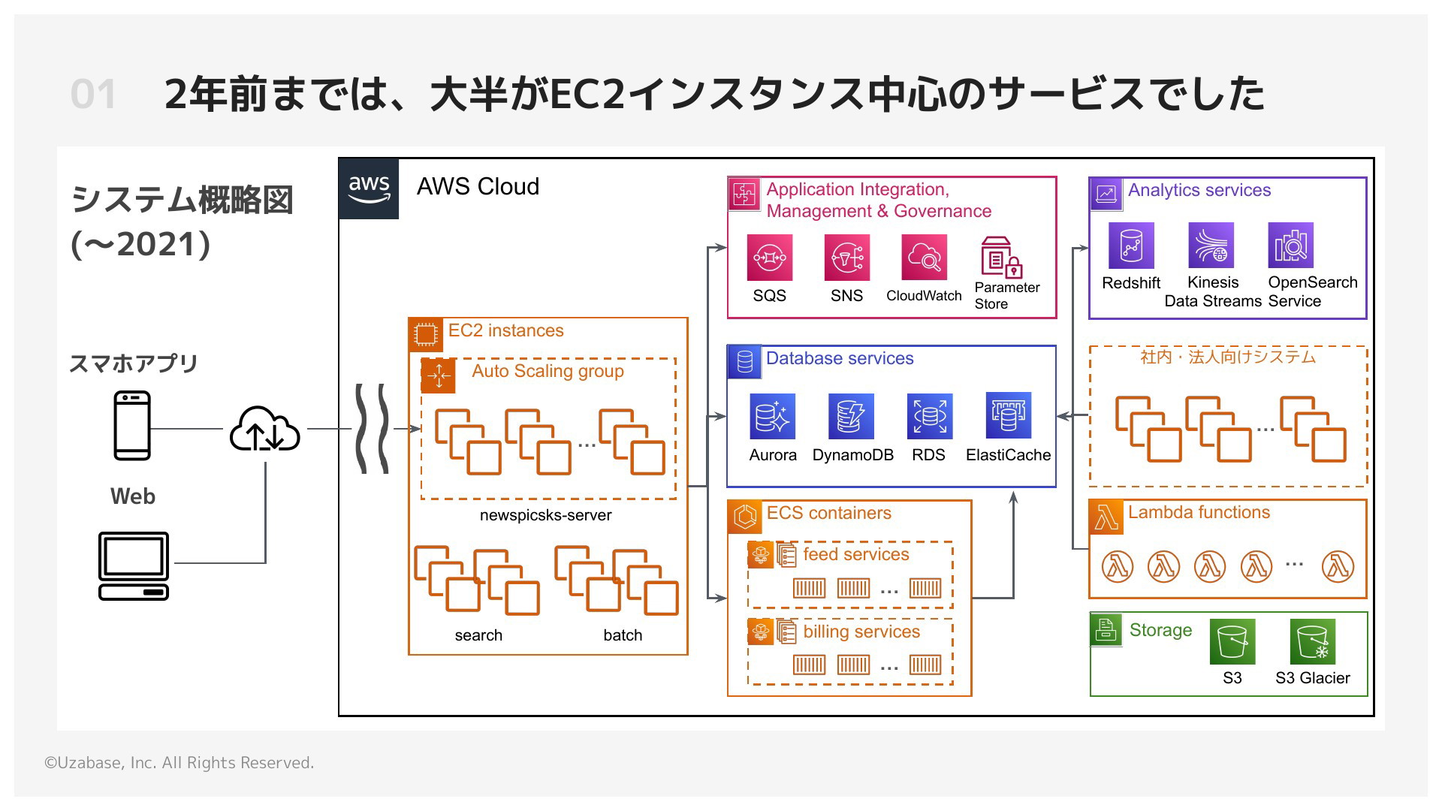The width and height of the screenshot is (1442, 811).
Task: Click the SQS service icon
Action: (769, 258)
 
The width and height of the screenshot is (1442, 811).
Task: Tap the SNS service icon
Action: (846, 258)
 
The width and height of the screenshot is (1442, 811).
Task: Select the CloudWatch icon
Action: (924, 258)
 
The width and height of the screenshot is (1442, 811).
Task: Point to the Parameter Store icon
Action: (1002, 258)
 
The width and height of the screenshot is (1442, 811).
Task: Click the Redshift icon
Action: (1131, 246)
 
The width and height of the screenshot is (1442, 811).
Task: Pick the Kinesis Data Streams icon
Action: (1211, 246)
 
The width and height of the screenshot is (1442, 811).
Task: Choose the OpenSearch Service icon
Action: (1290, 246)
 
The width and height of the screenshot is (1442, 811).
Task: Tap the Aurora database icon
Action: (772, 417)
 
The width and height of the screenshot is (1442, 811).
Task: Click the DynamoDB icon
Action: (851, 417)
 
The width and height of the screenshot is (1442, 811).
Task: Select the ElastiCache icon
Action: (1009, 415)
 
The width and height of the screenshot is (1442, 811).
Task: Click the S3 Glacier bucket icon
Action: (1312, 642)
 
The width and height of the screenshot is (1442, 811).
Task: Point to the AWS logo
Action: (369, 189)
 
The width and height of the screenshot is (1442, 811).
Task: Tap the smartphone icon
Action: (132, 425)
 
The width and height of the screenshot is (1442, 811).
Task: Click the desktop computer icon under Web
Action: (134, 566)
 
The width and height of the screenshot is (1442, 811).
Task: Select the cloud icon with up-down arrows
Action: (264, 430)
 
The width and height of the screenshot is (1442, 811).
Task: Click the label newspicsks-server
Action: (546, 515)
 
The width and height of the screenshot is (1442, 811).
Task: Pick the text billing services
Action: (861, 632)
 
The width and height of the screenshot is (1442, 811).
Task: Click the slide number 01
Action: (93, 95)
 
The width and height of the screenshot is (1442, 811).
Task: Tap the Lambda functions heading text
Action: (1199, 512)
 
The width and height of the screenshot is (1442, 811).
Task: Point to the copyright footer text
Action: (179, 763)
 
